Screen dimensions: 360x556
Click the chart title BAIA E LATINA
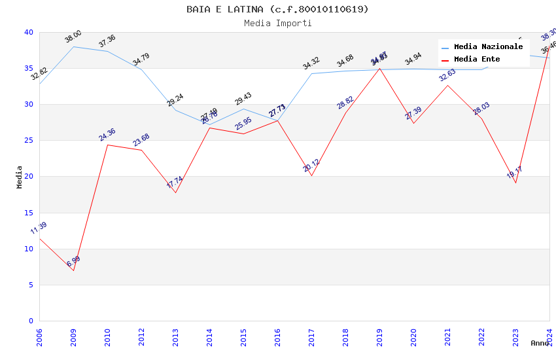[x=277, y=9]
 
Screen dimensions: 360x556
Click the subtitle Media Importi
[x=277, y=23]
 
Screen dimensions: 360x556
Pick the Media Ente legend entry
[x=477, y=59]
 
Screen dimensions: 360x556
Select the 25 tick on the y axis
[x=29, y=141]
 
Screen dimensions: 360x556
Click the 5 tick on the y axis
[x=31, y=285]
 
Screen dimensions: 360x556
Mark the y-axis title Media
[x=20, y=177]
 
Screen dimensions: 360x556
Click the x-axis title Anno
[x=540, y=343]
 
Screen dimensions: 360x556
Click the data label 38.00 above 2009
[x=73, y=37]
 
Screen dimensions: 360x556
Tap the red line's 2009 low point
[x=73, y=270]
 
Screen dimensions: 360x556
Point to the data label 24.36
[x=107, y=135]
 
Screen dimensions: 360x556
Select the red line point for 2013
[x=175, y=192]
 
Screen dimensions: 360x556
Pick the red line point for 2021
[x=447, y=85]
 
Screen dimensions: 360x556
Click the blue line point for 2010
[x=107, y=51]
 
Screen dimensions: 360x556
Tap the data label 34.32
[x=311, y=63]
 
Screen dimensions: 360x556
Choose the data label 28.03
[x=481, y=109]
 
